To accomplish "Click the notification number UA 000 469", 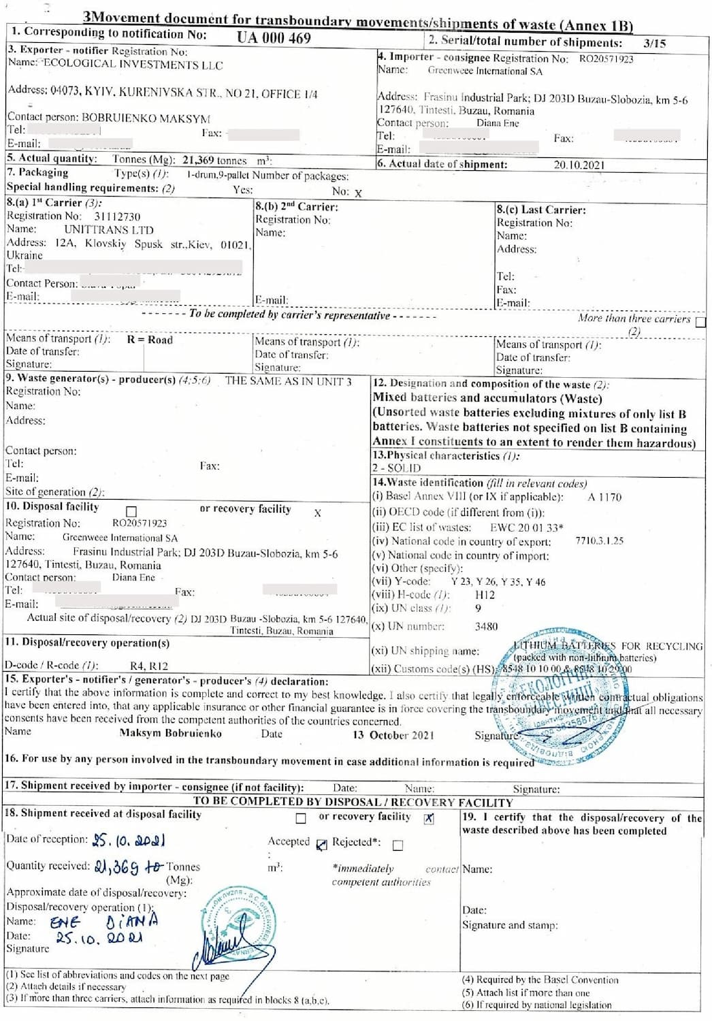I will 274,38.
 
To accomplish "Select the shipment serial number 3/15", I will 655,43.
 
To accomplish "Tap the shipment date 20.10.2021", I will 579,165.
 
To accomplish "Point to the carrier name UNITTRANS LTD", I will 109,230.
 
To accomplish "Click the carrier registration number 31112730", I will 117,216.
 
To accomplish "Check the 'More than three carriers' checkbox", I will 700,322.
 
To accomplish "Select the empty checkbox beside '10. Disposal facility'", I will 131,510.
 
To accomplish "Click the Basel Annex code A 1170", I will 604,497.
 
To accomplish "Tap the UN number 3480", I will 486,626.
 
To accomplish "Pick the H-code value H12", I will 485,595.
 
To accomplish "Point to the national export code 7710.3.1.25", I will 599,541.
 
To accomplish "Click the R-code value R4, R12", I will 149,666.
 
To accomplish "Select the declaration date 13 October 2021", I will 393,735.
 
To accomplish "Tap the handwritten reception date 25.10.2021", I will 129,841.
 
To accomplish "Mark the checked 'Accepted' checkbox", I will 321,845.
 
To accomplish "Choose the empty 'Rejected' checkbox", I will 398,845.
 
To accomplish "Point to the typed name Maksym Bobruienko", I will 170,733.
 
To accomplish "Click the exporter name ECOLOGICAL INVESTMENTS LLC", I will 133,65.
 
